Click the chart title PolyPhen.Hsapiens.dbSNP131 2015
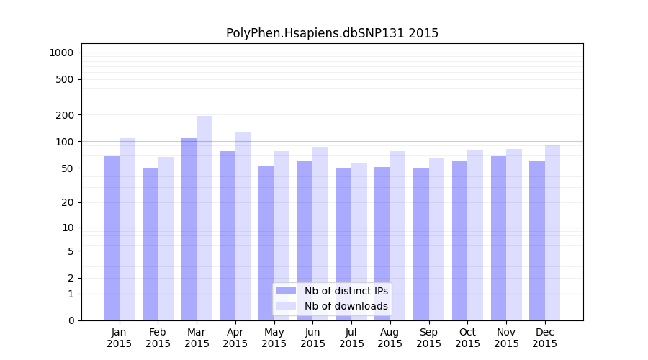[x=332, y=33]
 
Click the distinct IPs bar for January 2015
[x=112, y=238]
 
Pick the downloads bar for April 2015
[x=243, y=226]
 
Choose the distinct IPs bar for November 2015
[x=498, y=238]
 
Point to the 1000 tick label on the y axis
[x=61, y=53]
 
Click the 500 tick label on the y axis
[x=65, y=79]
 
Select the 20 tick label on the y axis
[x=67, y=202]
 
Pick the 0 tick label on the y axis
[x=71, y=320]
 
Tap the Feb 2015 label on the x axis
[x=158, y=338]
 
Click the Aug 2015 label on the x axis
[x=390, y=338]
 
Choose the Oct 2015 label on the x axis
[x=467, y=338]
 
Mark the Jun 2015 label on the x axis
[x=312, y=338]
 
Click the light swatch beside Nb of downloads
[x=286, y=306]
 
